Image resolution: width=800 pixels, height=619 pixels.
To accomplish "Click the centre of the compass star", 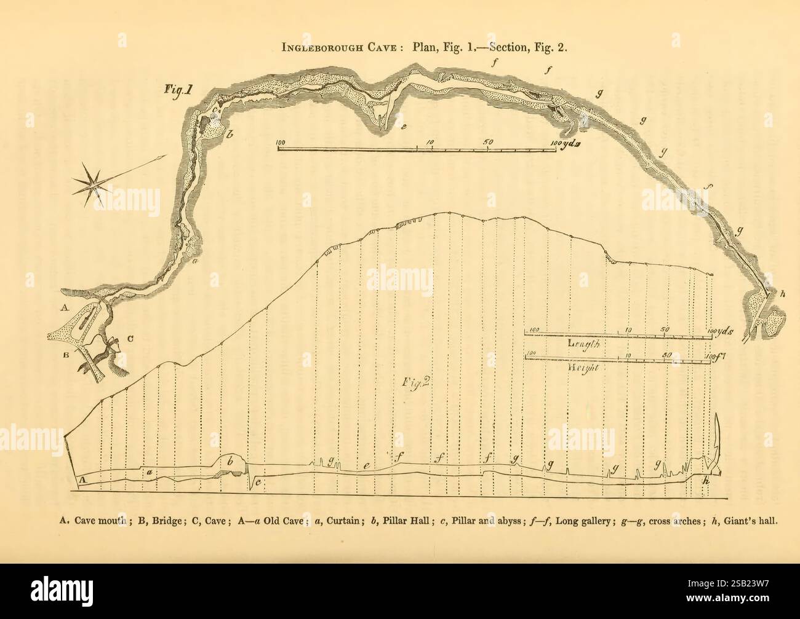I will (96, 182).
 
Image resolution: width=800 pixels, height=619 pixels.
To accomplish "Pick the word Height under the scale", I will (578, 367).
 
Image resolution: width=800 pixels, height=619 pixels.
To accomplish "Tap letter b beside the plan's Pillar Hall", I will (229, 133).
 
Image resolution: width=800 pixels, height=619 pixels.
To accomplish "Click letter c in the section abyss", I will (258, 483).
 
